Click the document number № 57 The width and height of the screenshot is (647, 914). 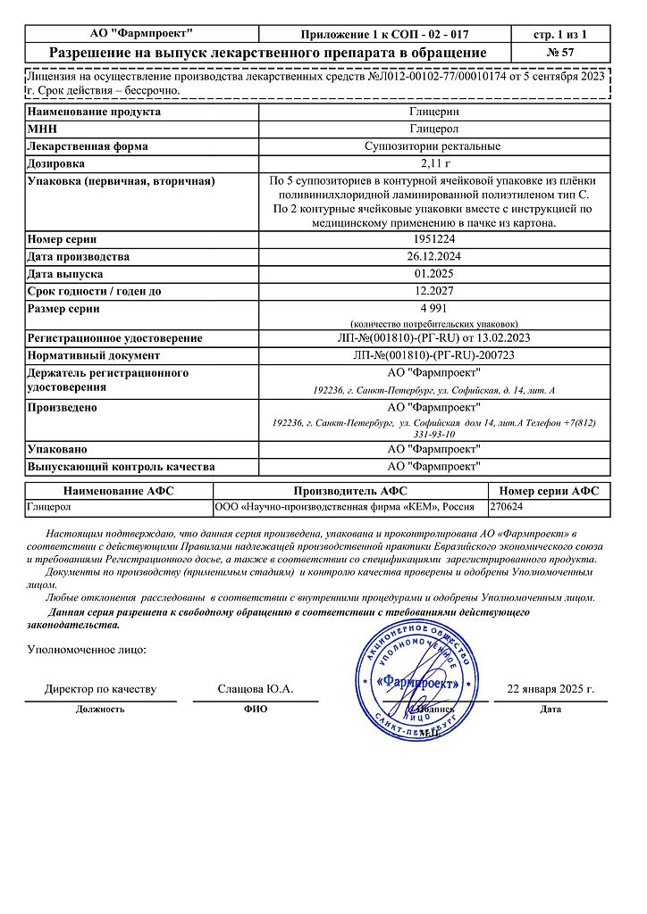[x=559, y=53]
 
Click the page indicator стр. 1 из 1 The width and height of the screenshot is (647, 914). [x=559, y=34]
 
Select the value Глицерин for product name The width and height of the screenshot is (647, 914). [x=434, y=112]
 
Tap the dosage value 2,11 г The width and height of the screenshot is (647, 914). [x=434, y=164]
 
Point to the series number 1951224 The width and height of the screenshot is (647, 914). [x=434, y=239]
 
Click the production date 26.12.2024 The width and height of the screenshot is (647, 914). [x=434, y=257]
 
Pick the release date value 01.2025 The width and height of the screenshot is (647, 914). [x=434, y=274]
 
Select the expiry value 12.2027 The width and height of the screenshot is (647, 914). [x=434, y=291]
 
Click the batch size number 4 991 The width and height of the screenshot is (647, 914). [x=434, y=309]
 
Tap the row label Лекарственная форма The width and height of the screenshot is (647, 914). [x=88, y=146]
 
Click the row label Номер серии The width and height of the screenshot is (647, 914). [x=62, y=239]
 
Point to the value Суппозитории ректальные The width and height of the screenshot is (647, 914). [x=434, y=146]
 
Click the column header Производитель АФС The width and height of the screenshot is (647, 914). [x=350, y=491]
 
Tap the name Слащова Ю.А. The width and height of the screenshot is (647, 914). [x=256, y=689]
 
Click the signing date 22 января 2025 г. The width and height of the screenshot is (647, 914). [x=550, y=689]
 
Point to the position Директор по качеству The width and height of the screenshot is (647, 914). [x=100, y=689]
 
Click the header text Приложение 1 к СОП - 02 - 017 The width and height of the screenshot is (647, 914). [x=383, y=34]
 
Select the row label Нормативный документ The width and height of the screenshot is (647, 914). [x=94, y=355]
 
